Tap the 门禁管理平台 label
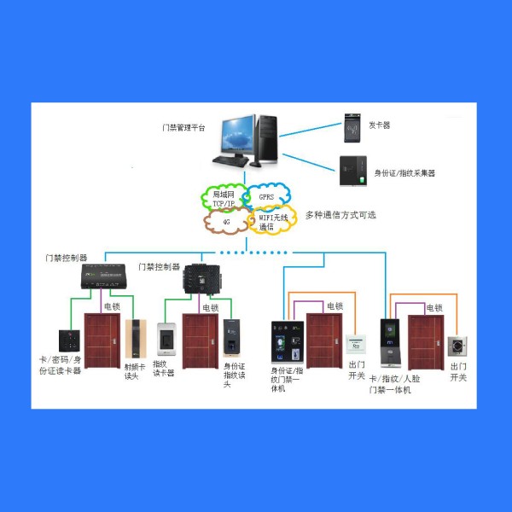[183, 127]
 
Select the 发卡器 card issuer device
[352, 128]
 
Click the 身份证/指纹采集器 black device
[353, 171]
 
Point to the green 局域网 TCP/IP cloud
[224, 197]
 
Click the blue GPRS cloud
[267, 196]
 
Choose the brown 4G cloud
[226, 221]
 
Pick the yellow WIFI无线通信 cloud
[272, 220]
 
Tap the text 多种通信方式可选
[340, 215]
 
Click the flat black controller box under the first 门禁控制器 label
[103, 276]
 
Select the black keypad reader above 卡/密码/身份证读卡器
[69, 340]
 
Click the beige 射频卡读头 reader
[136, 339]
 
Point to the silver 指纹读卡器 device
[166, 339]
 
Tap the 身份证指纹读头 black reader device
[231, 338]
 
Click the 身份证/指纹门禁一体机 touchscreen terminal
[288, 342]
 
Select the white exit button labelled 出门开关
[356, 344]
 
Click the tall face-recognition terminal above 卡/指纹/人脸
[391, 343]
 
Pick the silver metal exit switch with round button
[457, 346]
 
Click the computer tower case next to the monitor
[266, 140]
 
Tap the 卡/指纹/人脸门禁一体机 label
[394, 384]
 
